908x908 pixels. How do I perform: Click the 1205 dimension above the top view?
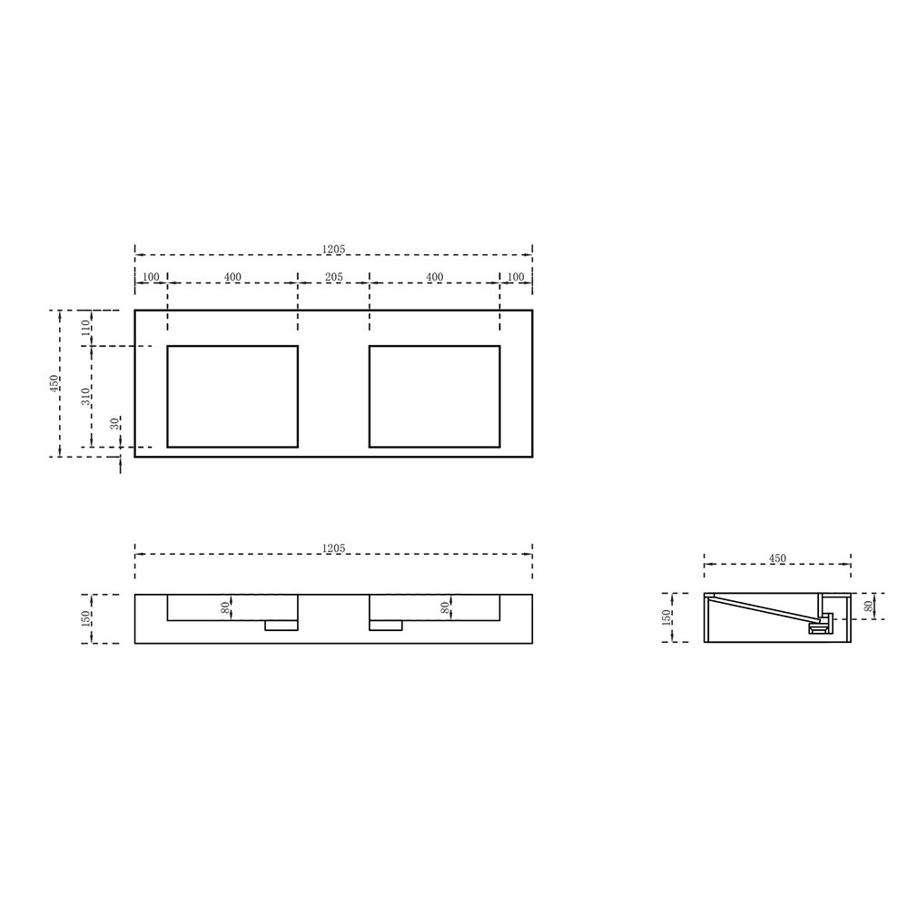point(333,249)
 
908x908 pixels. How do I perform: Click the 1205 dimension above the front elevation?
point(333,548)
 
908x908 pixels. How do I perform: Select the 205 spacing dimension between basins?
point(333,277)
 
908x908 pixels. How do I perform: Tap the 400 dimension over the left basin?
point(232,277)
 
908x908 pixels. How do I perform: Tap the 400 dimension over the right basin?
point(434,277)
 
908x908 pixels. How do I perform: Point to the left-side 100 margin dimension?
point(151,277)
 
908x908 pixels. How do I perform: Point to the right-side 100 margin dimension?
point(516,277)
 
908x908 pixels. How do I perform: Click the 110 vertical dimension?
point(86,328)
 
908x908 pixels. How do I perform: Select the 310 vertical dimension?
point(86,397)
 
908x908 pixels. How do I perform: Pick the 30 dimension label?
point(115,423)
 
